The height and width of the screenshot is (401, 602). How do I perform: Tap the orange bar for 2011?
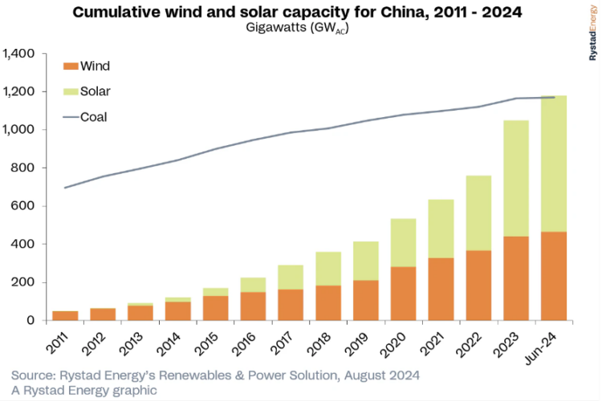pos(66,315)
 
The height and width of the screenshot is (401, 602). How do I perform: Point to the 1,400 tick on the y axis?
pos(20,54)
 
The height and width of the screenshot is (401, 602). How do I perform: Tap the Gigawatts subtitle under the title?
pos(301,28)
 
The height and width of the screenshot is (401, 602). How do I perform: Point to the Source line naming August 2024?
pos(215,375)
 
